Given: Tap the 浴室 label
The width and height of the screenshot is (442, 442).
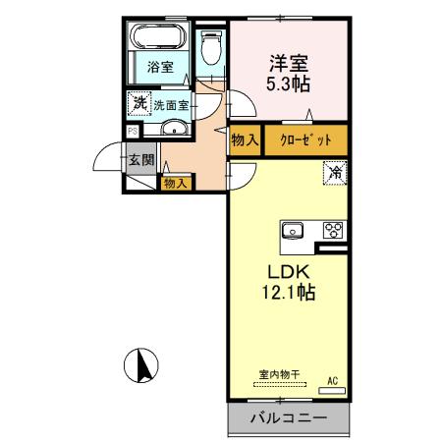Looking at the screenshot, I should (160, 67).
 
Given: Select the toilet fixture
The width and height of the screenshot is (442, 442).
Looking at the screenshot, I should (210, 49).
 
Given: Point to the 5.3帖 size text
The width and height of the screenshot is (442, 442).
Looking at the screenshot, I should (288, 84).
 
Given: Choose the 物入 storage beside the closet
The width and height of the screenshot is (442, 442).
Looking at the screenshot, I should (245, 140).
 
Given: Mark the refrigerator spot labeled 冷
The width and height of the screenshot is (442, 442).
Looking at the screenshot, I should (335, 173).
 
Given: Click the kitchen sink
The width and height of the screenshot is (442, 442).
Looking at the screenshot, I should (294, 232).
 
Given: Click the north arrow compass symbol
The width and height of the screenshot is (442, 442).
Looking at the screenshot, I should (143, 366).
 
